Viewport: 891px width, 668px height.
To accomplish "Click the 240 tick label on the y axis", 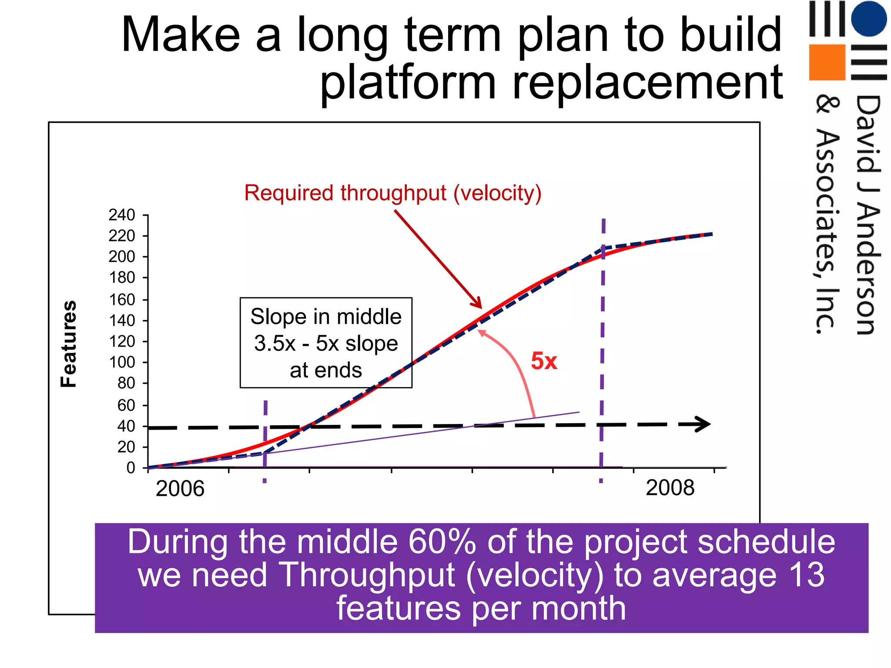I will click(122, 215).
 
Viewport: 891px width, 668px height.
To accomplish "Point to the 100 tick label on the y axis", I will click(122, 362).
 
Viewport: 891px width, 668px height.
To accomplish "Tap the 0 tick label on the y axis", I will click(131, 468).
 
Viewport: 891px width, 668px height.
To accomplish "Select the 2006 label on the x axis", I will click(180, 488).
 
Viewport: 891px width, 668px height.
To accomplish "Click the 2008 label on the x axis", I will click(670, 488).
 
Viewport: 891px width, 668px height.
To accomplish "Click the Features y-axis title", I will click(69, 344).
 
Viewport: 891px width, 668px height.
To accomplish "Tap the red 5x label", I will click(544, 361).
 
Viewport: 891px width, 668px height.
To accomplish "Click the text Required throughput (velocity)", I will click(393, 193).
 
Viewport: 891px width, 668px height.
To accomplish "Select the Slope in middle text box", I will click(326, 343).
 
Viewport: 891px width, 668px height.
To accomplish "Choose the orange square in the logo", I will click(827, 62).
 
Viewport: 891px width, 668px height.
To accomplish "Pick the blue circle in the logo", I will click(869, 18).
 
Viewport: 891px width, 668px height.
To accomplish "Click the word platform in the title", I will click(408, 83).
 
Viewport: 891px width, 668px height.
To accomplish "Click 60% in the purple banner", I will click(442, 542).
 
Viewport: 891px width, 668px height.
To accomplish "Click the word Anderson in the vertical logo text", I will click(868, 270).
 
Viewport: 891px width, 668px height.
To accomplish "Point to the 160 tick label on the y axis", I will click(122, 300).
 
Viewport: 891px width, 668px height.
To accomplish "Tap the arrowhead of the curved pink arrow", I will click(481, 332).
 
